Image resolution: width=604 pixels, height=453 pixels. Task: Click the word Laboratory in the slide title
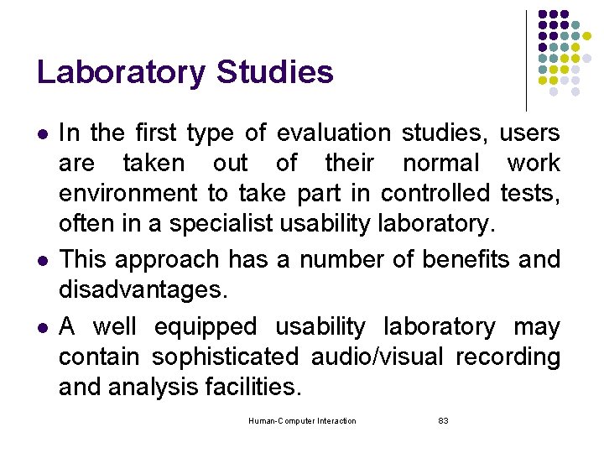(x=122, y=72)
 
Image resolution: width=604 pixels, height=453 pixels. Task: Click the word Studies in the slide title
(x=274, y=72)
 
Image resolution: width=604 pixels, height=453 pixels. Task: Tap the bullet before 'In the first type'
(x=41, y=133)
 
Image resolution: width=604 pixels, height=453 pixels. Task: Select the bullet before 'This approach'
(x=41, y=261)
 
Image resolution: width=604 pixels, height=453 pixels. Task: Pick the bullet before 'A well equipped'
(x=41, y=327)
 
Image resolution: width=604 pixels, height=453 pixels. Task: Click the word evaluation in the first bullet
(x=333, y=133)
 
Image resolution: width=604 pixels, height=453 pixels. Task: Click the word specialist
(x=221, y=224)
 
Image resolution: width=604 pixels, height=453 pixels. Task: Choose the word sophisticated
(x=224, y=357)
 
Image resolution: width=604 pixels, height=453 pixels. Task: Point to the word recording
(x=508, y=357)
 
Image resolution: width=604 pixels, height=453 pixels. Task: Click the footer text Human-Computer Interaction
(x=302, y=421)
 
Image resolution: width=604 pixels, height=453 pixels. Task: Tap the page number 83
(x=444, y=421)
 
